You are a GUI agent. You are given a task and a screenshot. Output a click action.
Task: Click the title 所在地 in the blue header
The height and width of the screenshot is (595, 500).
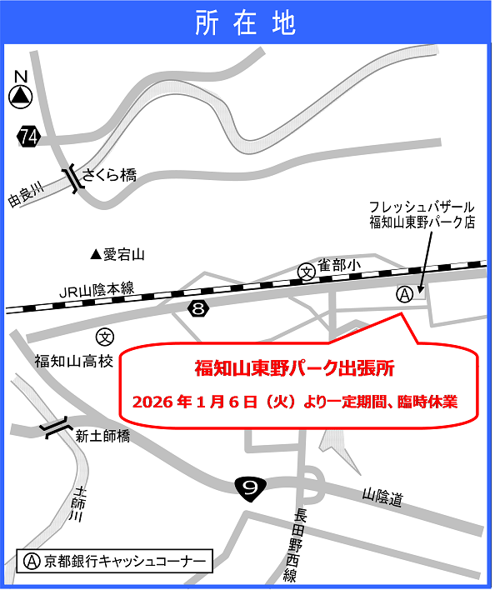tap(246, 23)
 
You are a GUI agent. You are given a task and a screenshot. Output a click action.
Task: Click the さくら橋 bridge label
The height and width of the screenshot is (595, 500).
tap(108, 176)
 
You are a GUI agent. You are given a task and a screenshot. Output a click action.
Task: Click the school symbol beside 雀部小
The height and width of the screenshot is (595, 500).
tap(307, 271)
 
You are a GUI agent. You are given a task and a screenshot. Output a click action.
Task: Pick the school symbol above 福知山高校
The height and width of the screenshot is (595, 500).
tap(104, 337)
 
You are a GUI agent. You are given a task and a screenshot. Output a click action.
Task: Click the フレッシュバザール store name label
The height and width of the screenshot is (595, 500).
tap(422, 206)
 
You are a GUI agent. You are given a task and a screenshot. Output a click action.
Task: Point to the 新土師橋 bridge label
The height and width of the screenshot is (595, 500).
tap(102, 434)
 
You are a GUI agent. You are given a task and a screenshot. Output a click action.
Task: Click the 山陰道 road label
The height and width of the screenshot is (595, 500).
tap(382, 498)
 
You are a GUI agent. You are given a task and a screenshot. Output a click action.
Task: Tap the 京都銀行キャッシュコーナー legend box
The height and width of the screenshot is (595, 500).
tap(115, 560)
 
